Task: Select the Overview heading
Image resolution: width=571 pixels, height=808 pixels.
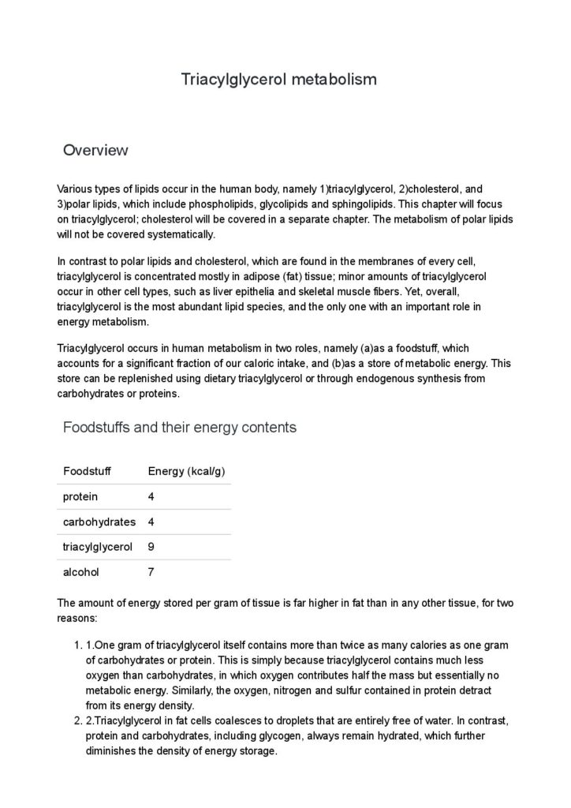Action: tap(95, 150)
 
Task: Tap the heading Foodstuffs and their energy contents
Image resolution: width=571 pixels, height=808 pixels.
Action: tap(179, 428)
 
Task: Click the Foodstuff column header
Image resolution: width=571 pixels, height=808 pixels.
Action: tap(87, 471)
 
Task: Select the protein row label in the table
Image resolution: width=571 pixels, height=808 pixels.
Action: tap(80, 496)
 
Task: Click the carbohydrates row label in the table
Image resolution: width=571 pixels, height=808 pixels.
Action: tap(99, 522)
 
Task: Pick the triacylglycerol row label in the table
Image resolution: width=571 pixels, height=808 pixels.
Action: tap(97, 546)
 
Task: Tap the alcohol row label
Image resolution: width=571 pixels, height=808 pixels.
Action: tap(81, 571)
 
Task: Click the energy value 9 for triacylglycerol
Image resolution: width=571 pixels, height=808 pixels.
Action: tap(151, 546)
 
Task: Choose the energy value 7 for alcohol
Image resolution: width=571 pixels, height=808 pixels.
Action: tap(151, 571)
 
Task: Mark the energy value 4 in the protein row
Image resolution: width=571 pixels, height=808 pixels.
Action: tap(151, 496)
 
